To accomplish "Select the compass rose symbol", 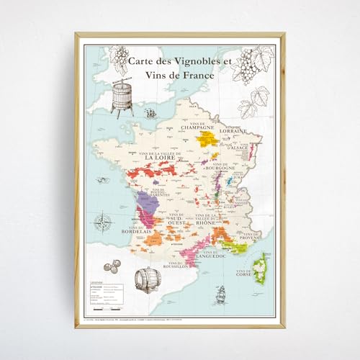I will tap(107, 220).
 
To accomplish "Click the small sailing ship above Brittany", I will tap(151, 113).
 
